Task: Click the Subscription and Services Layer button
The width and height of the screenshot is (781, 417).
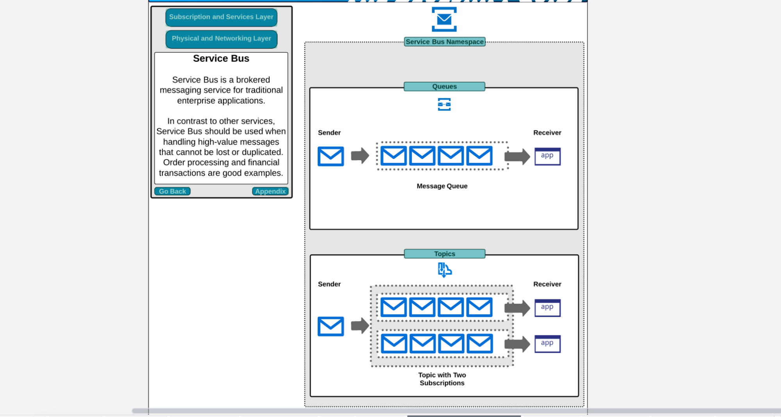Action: [x=221, y=17]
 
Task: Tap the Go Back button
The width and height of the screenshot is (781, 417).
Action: [x=172, y=191]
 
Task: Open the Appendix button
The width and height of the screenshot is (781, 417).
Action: [x=270, y=191]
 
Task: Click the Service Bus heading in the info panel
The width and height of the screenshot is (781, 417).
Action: [x=221, y=59]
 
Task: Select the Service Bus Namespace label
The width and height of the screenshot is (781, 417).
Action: [x=445, y=42]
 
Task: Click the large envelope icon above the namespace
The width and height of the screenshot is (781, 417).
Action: [x=444, y=19]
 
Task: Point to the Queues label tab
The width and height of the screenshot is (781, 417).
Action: [x=445, y=86]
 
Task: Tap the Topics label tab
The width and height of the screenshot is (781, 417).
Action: [x=445, y=254]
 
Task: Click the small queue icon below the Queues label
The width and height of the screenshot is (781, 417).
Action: [x=444, y=104]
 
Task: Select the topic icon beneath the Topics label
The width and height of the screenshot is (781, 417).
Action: [x=445, y=270]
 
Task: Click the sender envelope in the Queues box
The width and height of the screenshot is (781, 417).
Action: [x=331, y=156]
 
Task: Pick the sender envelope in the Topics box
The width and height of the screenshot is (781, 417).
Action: [x=331, y=326]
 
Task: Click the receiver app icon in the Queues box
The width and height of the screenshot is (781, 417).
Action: [x=547, y=156]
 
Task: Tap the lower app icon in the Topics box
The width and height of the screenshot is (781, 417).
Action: [x=547, y=344]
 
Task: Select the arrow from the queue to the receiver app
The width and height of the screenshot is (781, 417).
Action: [x=517, y=157]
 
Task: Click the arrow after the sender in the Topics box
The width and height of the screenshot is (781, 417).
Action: [x=360, y=326]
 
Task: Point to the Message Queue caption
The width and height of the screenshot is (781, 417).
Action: [x=442, y=186]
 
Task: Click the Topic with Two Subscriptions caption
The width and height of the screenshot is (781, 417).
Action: [x=442, y=379]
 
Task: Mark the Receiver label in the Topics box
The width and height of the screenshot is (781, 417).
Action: [x=547, y=284]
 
